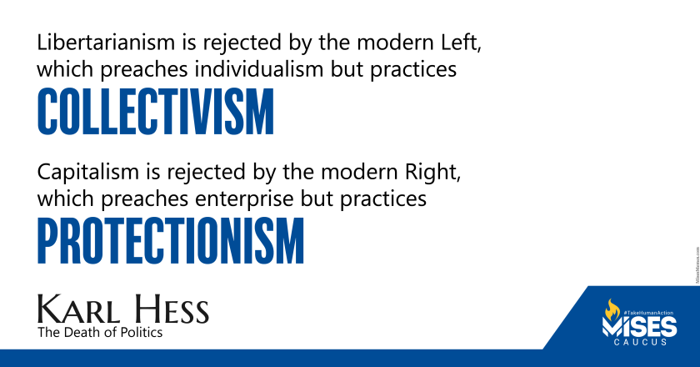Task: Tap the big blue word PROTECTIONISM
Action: pyautogui.click(x=171, y=242)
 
